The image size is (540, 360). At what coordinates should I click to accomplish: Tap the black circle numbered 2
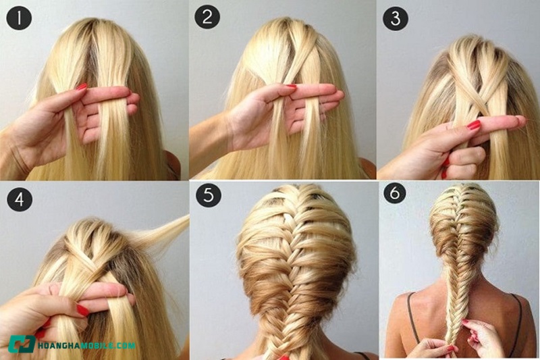207,16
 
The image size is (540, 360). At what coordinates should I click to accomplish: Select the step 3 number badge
396,18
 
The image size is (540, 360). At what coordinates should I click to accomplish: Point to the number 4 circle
20,199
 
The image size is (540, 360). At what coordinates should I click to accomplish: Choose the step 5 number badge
209,195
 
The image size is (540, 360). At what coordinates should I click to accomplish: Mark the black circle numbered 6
395,192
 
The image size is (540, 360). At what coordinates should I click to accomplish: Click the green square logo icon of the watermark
22,344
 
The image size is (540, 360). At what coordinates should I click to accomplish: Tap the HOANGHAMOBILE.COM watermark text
86,345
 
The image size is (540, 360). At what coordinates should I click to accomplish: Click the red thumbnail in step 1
82,86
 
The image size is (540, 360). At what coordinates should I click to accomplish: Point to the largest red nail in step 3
474,125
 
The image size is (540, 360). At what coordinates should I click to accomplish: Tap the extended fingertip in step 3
520,120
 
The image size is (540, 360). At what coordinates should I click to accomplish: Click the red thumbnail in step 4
82,310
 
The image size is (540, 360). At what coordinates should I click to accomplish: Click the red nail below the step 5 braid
283,357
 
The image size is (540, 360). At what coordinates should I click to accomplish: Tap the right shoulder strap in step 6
516,320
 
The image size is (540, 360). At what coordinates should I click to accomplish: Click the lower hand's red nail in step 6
451,349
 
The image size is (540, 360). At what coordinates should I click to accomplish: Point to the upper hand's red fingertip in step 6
465,322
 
